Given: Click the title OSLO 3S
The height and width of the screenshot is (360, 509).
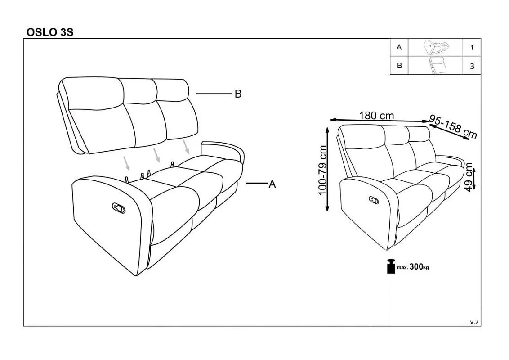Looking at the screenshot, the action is (x=50, y=32).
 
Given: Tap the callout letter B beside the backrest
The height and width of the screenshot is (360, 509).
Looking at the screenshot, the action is (x=238, y=94).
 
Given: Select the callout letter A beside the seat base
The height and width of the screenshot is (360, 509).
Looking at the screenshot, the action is (x=272, y=184).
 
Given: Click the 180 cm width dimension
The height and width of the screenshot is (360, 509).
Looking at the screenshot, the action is (x=376, y=116).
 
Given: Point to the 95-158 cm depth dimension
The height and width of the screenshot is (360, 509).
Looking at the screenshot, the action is (x=453, y=127).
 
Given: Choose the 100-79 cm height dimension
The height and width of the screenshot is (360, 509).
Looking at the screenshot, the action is (x=322, y=170).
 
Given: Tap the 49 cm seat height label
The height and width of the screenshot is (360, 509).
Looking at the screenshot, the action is (x=469, y=177).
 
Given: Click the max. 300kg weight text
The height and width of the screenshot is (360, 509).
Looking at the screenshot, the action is (x=413, y=267).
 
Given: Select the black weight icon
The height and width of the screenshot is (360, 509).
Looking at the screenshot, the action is (x=391, y=266).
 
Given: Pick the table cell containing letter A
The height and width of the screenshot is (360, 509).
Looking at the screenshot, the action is (x=399, y=47).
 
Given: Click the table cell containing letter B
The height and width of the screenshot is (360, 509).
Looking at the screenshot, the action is (x=399, y=66).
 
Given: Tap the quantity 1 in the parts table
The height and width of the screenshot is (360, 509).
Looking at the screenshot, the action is (x=472, y=47).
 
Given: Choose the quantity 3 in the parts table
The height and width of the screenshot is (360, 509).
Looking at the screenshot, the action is (x=472, y=66).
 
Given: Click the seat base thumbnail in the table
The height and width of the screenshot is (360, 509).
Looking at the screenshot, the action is (x=436, y=48).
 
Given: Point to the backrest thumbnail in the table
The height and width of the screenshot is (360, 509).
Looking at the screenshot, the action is (x=437, y=65).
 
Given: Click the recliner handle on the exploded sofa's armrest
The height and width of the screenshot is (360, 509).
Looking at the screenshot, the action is (x=119, y=208).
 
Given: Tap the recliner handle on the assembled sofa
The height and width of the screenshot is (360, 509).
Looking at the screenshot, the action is (x=374, y=200).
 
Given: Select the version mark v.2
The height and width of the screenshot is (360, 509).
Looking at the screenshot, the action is (x=474, y=322).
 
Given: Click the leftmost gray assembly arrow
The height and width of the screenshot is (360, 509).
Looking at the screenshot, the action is (x=127, y=163).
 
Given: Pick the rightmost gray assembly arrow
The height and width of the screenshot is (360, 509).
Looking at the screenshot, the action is (x=186, y=147).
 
